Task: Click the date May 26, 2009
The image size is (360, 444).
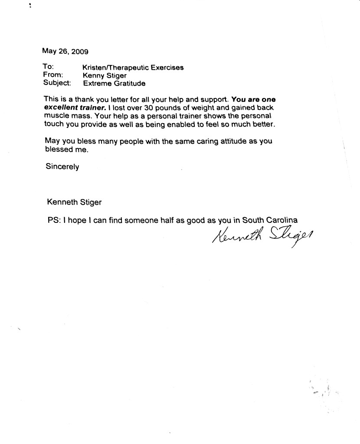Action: click(65, 51)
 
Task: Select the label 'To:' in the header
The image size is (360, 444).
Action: click(48, 67)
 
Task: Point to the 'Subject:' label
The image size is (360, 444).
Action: click(57, 83)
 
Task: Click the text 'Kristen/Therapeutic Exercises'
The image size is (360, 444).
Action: click(133, 67)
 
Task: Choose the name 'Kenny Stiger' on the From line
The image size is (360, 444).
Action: click(104, 75)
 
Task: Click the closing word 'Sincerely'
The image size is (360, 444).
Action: click(62, 166)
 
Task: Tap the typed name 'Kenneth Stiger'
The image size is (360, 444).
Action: click(75, 202)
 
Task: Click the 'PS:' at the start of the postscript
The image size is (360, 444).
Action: click(54, 219)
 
